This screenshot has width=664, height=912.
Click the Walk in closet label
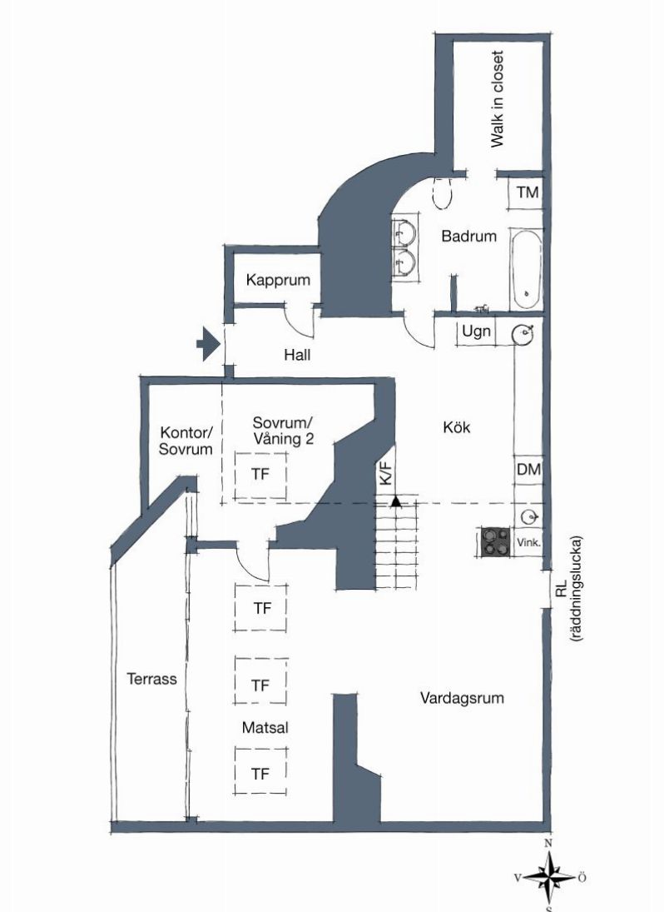497,99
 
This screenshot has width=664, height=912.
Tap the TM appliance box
527,193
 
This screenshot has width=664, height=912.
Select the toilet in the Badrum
443,192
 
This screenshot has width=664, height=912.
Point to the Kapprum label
278,280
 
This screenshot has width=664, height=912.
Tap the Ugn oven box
477,332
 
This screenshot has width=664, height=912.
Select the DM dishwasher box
528,470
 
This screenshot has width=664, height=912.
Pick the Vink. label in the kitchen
528,542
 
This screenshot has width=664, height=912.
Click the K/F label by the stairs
385,473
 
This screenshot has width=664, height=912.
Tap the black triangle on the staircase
396,501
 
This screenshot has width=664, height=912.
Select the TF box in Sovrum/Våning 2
260,476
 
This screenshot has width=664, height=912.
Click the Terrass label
151,679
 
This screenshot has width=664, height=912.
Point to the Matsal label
265,728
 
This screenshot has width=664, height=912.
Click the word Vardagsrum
462,698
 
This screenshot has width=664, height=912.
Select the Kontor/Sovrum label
186,441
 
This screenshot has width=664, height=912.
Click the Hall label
297,355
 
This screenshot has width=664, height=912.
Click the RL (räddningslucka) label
567,589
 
